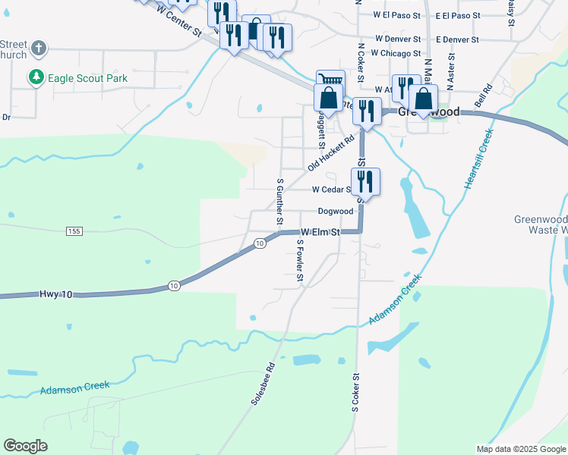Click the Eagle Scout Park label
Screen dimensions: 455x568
point(87,78)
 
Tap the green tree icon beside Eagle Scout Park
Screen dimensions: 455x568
point(35,77)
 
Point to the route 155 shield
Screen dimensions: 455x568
point(73,231)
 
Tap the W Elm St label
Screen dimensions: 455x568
point(320,231)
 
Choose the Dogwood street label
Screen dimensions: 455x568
point(335,211)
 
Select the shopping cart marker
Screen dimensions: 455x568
point(330,80)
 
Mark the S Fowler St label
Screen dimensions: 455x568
point(300,262)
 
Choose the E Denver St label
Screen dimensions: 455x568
point(457,39)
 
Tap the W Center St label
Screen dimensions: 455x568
point(178,20)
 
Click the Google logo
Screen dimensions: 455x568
point(26,446)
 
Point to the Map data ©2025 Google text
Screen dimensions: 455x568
point(520,449)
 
